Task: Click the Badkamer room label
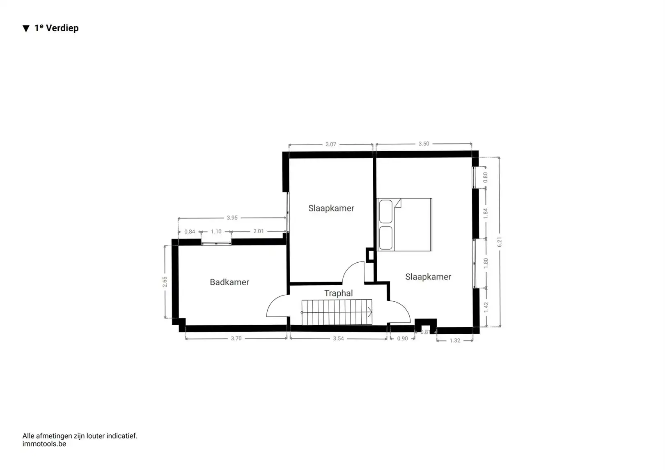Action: (229, 282)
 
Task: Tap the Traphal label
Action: (338, 293)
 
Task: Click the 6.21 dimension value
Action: (500, 242)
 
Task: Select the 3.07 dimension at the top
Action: (331, 144)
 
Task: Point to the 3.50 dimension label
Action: (424, 144)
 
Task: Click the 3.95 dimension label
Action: (232, 218)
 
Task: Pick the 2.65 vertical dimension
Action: (165, 282)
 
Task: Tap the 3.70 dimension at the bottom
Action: (236, 339)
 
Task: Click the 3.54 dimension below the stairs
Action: (338, 339)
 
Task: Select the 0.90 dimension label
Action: (403, 339)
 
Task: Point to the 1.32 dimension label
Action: (455, 340)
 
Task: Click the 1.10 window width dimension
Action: (216, 232)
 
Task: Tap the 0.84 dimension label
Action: (190, 232)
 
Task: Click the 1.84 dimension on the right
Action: (486, 213)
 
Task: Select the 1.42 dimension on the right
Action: (486, 307)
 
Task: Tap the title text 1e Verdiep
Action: (56, 28)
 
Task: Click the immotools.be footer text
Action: (44, 444)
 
